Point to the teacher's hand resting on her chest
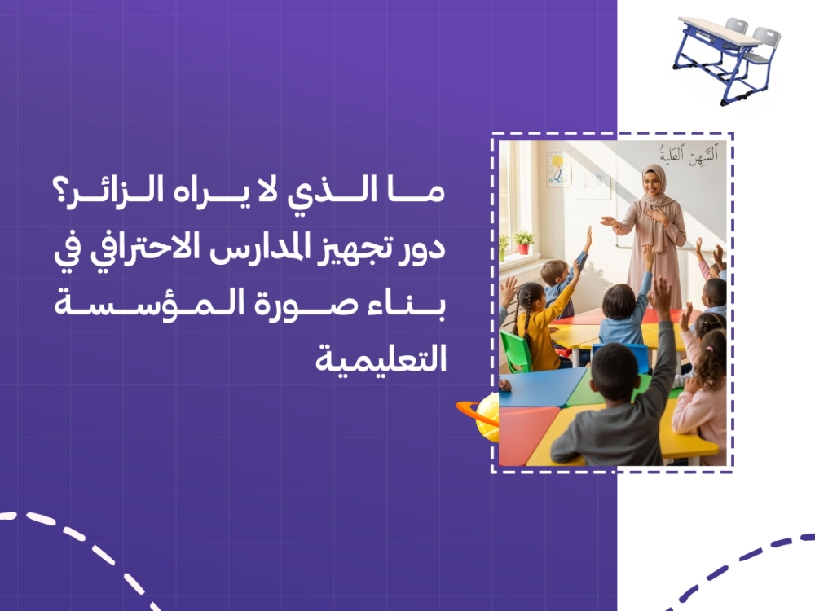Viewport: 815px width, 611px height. coord(655,216)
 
